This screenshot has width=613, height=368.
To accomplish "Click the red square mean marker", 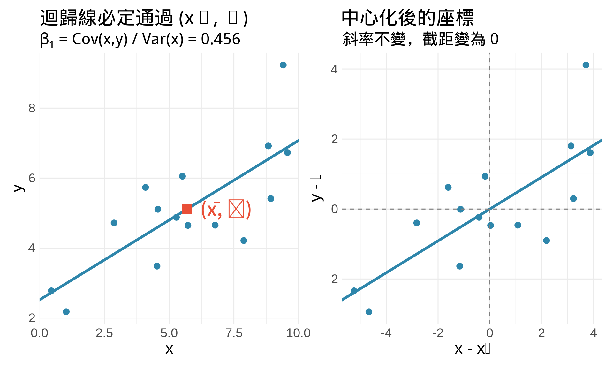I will click(187, 209).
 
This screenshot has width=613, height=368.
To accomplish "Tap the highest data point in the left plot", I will click(283, 65).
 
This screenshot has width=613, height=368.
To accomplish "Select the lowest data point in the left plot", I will click(66, 312).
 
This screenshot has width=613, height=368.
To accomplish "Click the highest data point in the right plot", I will click(586, 65).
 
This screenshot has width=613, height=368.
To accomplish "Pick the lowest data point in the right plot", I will click(369, 312).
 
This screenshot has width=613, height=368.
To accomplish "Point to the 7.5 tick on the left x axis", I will click(234, 333).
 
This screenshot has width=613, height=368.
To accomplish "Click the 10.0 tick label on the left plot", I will click(298, 333).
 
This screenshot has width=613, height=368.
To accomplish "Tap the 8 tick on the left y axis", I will click(32, 108).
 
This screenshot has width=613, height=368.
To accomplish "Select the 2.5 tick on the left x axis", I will click(104, 333).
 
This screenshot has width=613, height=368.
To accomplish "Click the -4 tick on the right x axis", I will click(386, 333).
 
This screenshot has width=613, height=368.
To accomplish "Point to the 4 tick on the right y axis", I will click(334, 69).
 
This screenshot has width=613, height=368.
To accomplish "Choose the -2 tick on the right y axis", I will click(333, 279).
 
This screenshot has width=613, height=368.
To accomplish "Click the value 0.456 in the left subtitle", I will click(220, 39).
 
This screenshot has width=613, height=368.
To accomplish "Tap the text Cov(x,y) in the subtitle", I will click(100, 39).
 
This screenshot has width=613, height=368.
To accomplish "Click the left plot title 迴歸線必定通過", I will click(107, 18).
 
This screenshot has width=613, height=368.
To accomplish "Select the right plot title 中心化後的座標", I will click(407, 18).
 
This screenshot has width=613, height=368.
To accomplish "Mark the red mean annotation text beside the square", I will click(226, 210).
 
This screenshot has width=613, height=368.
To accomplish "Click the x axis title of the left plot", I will click(169, 349).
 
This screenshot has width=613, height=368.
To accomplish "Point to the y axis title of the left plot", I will click(19, 188).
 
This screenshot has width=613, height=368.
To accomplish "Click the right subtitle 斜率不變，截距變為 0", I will click(420, 39).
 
